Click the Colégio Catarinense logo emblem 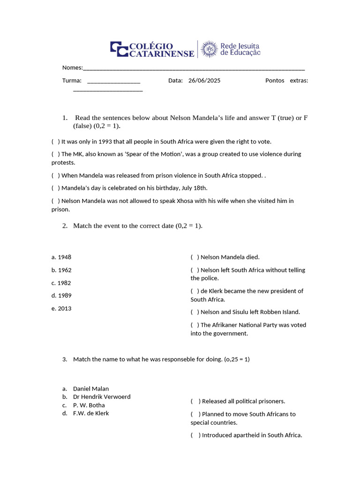click(119, 49)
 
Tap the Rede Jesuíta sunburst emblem click(210, 49)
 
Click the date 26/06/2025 click(204, 81)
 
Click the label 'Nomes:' click(72, 67)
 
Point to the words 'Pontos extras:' click(286, 81)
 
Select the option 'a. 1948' click(61, 257)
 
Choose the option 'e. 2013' click(61, 308)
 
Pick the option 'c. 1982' click(61, 283)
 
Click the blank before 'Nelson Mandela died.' click(195, 257)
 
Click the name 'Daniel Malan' click(90, 389)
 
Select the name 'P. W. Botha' click(89, 405)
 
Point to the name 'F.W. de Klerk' click(90, 413)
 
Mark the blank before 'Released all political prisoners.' click(195, 401)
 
